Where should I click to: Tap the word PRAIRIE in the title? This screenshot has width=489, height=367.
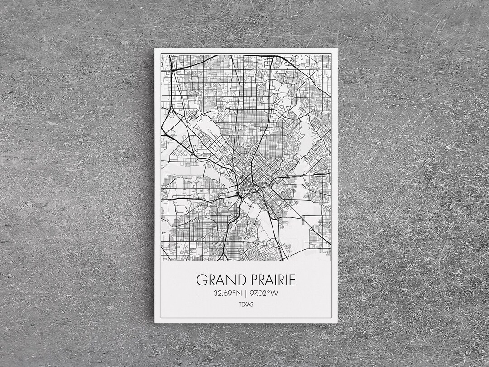[x=270, y=280]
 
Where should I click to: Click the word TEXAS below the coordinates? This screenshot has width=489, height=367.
[x=246, y=304]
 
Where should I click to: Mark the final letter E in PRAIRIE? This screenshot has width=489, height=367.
[x=292, y=280]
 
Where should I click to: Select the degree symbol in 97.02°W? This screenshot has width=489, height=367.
[x=269, y=291]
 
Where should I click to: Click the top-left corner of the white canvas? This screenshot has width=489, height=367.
[x=155, y=48]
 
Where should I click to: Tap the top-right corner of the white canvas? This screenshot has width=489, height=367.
[x=337, y=48]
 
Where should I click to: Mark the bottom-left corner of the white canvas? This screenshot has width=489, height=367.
[x=155, y=322]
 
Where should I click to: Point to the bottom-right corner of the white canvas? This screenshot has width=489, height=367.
[x=337, y=322]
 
